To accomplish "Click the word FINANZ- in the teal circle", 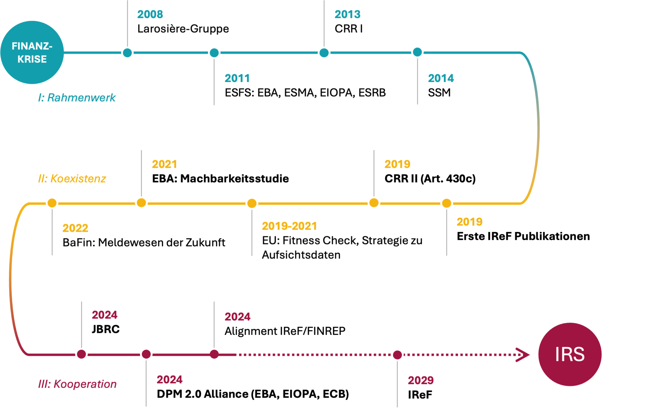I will [x=32, y=46].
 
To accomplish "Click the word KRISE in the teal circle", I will [x=32, y=59].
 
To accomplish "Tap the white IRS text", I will [x=570, y=355].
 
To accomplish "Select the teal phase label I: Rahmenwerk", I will [x=77, y=100].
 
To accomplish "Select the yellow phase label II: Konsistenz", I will [x=71, y=179].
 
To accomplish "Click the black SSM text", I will [x=440, y=92].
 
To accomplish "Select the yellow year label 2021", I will [x=163, y=165].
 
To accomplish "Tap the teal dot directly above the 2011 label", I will [x=214, y=53].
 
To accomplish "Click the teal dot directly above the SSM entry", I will [x=417, y=52].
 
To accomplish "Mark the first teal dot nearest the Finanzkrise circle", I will [x=127, y=53].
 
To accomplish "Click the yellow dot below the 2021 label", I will [x=141, y=203].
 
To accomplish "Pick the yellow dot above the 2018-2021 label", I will [x=252, y=203].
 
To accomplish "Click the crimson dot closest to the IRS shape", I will [x=397, y=355].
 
